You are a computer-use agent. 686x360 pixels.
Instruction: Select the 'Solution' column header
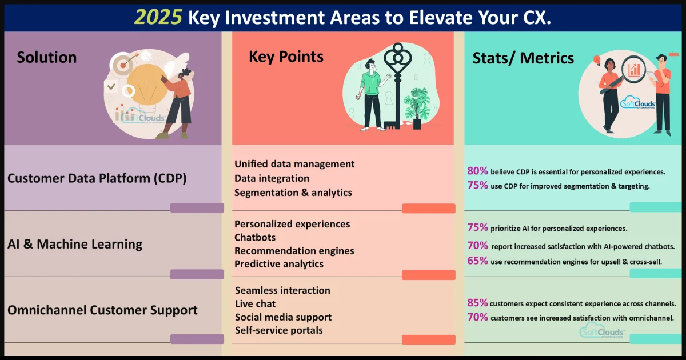pos(46,57)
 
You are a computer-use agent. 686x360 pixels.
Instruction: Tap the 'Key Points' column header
pos(286,57)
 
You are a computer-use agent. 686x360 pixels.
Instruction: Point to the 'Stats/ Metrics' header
pos(523,58)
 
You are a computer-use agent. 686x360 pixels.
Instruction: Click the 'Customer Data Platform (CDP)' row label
pos(97,178)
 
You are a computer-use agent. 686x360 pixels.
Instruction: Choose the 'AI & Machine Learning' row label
pos(75,244)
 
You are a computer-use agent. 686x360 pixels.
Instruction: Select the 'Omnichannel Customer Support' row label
pos(102,310)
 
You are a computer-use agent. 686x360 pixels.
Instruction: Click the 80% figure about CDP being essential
pos(477,171)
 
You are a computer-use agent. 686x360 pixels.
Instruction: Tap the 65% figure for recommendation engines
pos(477,261)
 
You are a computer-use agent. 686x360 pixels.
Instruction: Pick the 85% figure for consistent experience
pos(477,303)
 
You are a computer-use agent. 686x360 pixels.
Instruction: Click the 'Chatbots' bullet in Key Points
pos(255,237)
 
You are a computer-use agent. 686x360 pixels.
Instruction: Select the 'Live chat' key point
pos(256,303)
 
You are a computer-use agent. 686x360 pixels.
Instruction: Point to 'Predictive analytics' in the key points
pos(279,264)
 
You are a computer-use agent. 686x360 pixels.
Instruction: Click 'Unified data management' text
pos(294,164)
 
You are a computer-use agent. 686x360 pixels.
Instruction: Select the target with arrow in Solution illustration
pos(123,64)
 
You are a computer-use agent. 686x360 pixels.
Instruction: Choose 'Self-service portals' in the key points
pos(279,330)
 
